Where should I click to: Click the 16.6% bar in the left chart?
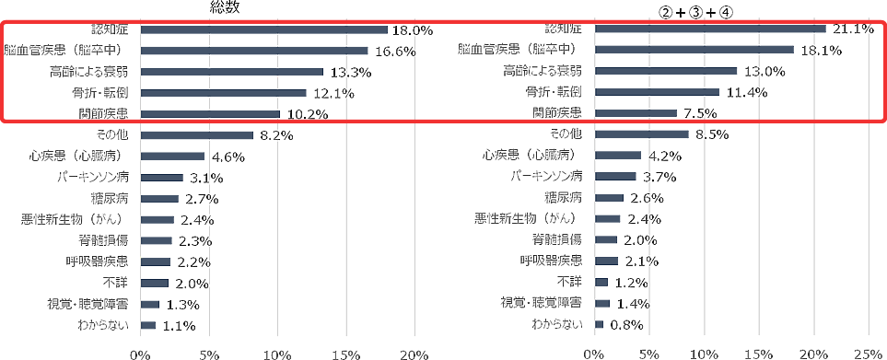click(x=254, y=51)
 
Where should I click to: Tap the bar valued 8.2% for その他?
click(x=196, y=134)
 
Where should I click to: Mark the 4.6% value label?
click(x=228, y=157)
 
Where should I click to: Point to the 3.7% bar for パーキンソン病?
click(x=615, y=176)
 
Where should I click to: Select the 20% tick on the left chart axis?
click(x=414, y=353)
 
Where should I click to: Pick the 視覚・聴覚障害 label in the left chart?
click(x=88, y=304)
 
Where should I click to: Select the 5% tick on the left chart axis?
click(x=208, y=353)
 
